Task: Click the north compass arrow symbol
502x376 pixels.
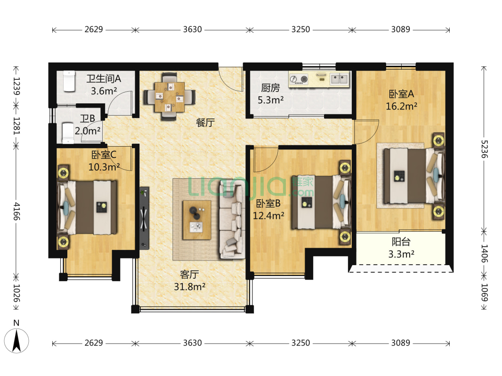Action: pos(16,341)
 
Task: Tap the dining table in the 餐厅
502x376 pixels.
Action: pos(170,97)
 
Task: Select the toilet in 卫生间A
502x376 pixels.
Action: pos(69,81)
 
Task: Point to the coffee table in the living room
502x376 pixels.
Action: pos(196,220)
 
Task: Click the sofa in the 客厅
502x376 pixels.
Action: pos(232,219)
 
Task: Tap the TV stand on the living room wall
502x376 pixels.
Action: pos(144,218)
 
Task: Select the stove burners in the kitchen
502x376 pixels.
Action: pos(299,79)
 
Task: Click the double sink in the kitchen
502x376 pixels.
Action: pos(340,78)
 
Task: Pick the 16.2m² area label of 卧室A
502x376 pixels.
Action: pos(401,106)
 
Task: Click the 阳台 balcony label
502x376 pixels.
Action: pos(401,242)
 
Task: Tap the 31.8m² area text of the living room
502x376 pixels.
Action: pos(189,287)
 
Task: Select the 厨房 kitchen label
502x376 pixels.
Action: pos(270,87)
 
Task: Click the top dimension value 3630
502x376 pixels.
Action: pos(193,30)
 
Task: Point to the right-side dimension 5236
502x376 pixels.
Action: pos(484,149)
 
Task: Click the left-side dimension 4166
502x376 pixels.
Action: pos(16,211)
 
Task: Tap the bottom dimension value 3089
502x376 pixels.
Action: pos(400,343)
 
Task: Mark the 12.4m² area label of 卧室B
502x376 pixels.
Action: pos(268,216)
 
